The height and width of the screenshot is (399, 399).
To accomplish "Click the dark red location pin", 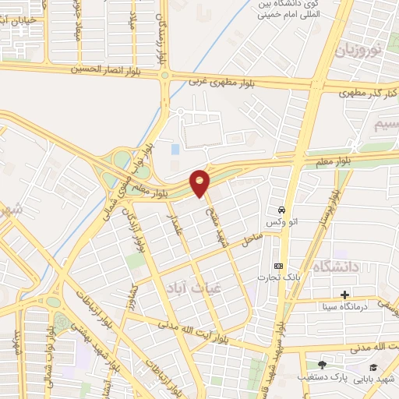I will coord(200,182).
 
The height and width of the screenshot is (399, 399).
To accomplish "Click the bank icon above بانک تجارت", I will coord(278,265).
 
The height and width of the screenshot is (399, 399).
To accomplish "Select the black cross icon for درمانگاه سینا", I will coord(344,295).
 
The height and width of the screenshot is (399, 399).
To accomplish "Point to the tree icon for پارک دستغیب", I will coord(323,364).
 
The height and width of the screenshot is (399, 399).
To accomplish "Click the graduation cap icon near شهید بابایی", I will coord(373,365).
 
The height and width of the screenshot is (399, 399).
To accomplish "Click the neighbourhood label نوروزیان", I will coord(358,52).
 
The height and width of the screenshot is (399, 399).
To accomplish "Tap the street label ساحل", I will coord(251,241).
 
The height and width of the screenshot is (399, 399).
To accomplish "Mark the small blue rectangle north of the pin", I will coord(175,148).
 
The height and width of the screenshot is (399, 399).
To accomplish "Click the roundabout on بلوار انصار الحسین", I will coord(165,76).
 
